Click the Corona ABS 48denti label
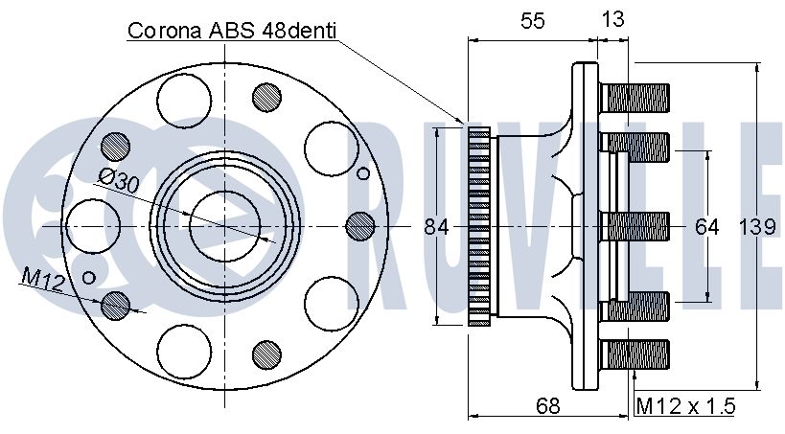click(x=232, y=31)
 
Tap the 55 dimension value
click(x=532, y=20)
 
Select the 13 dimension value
click(x=612, y=19)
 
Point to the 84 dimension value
click(x=436, y=227)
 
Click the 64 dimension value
click(x=707, y=227)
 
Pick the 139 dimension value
click(x=757, y=227)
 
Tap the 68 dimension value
click(x=547, y=405)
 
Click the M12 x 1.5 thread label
click(x=685, y=405)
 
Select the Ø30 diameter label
click(x=119, y=181)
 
